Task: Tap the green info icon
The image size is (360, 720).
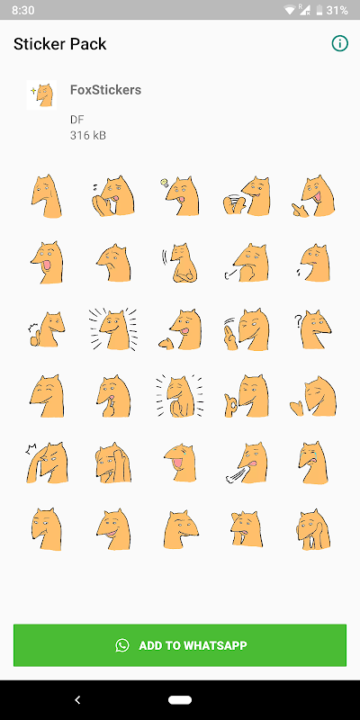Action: [x=340, y=43]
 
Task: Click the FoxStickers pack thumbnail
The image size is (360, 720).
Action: [x=41, y=94]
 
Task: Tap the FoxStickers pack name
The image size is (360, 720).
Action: [x=105, y=89]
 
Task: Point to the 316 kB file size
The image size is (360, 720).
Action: [x=88, y=136]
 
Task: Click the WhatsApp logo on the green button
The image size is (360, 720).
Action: [x=122, y=645]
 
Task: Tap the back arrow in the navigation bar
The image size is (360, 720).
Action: [x=77, y=700]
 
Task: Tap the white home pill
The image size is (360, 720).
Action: [x=180, y=700]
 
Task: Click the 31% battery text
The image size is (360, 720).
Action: [x=337, y=10]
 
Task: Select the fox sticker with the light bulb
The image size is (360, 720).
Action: [x=180, y=196]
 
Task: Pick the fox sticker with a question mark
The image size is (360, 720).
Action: [x=313, y=328]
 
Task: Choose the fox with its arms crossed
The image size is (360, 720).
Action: [x=180, y=262]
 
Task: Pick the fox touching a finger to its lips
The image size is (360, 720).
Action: [x=113, y=396]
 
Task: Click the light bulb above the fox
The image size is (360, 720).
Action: [x=164, y=183]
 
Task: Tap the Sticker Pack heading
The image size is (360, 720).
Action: [x=59, y=44]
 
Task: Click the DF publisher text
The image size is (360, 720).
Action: [x=76, y=120]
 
